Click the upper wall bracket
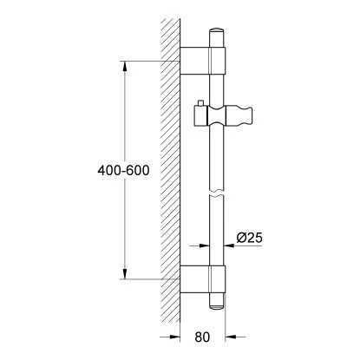coord(204,62)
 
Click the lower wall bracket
coord(204,278)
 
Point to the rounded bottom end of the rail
coord(217,304)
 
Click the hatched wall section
coord(170,173)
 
